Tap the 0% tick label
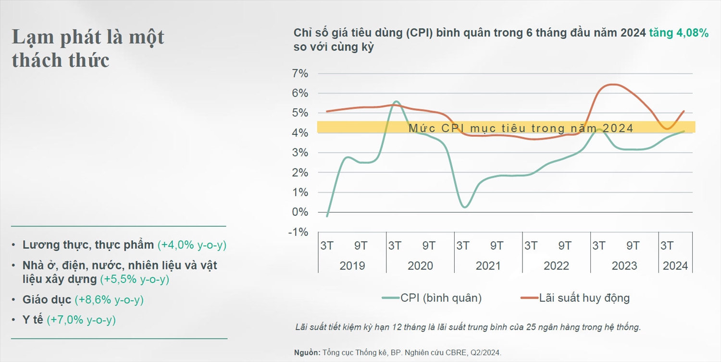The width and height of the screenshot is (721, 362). [x=300, y=212]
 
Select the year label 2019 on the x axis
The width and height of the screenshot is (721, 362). [x=352, y=266]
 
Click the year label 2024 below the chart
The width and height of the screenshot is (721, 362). [x=675, y=266]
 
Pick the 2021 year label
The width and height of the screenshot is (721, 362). [x=488, y=266]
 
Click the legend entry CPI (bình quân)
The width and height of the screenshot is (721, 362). [x=441, y=298]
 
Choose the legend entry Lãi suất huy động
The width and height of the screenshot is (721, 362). [x=584, y=298]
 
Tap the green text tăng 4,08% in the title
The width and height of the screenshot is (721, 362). [x=679, y=33]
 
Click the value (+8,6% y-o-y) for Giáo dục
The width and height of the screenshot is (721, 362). [x=109, y=300]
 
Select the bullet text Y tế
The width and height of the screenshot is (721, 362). [x=33, y=320]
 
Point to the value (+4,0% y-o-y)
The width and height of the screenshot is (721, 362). [x=192, y=245]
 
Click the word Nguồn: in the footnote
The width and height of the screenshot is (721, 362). [x=307, y=353]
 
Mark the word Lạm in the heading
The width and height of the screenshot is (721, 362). [x=30, y=37]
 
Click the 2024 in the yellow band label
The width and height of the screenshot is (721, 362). [x=618, y=128]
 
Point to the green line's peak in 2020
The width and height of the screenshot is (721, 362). [x=396, y=102]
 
